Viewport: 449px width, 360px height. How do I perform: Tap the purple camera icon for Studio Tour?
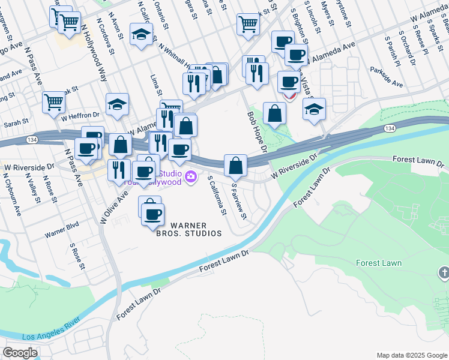click(x=191, y=176)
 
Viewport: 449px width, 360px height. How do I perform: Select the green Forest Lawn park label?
click(x=378, y=263)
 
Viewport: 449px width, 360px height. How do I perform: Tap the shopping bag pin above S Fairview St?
click(x=236, y=166)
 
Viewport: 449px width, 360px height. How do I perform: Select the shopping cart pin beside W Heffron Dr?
click(x=54, y=103)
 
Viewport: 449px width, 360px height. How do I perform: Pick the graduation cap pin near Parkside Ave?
click(x=314, y=110)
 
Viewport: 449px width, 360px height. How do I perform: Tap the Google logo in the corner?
click(x=20, y=352)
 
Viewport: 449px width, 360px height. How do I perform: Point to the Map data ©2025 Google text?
click(x=411, y=355)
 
